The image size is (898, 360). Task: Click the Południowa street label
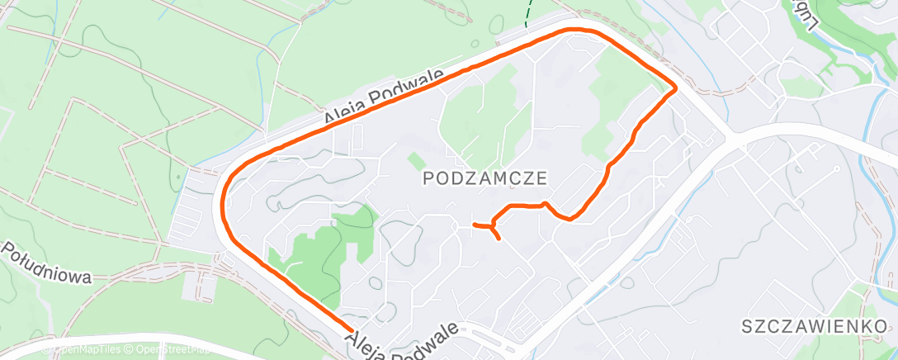[x=45, y=263]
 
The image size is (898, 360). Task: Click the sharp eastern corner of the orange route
[x=676, y=88]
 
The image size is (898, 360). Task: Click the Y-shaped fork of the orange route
[x=492, y=224]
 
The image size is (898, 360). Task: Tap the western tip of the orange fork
[x=474, y=224]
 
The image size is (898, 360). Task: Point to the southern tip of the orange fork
[x=499, y=239]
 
